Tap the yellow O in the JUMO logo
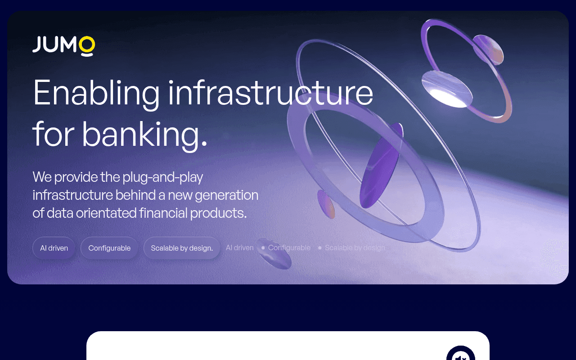click(87, 45)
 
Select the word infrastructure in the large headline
click(270, 93)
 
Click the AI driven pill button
click(54, 248)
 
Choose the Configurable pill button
click(109, 248)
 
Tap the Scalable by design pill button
click(182, 248)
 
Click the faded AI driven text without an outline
click(239, 247)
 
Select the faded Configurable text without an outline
click(289, 247)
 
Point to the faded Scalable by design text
click(355, 247)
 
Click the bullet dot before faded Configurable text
click(263, 247)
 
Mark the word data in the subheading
click(60, 213)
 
